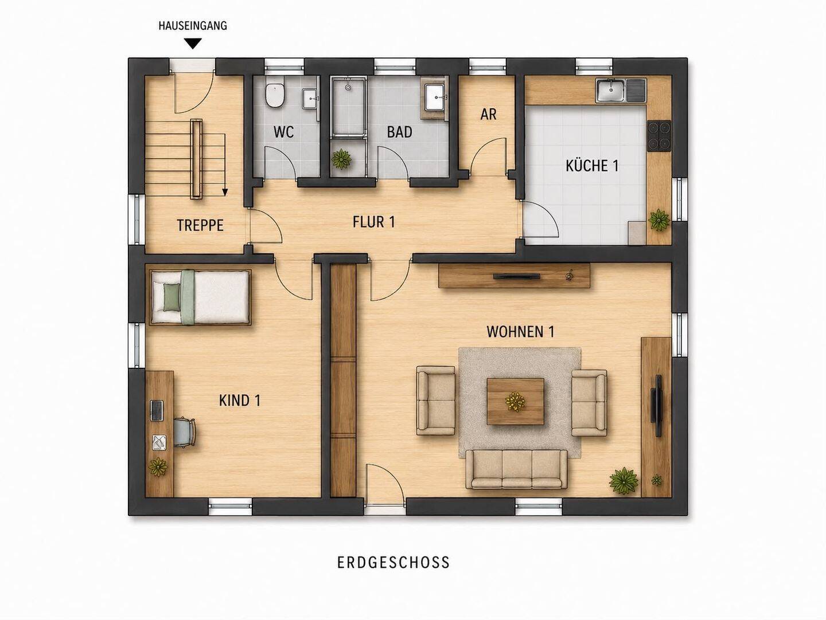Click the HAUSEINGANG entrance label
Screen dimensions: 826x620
(x=193, y=26)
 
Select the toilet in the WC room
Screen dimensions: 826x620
(x=274, y=95)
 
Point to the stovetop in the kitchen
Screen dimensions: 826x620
(x=659, y=135)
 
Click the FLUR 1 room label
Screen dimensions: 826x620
(x=373, y=222)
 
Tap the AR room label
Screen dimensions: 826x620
(x=489, y=115)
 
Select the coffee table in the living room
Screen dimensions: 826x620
(x=516, y=401)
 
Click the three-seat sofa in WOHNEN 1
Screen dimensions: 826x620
(x=516, y=469)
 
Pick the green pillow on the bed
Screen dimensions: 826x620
(x=172, y=297)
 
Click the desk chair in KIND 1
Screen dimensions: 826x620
(x=185, y=431)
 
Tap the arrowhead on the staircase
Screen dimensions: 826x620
(x=225, y=192)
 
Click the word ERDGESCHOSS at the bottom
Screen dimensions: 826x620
(x=393, y=563)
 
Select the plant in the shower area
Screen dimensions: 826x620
(x=342, y=159)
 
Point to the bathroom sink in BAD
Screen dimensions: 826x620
(x=435, y=97)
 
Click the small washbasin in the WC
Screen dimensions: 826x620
(x=310, y=99)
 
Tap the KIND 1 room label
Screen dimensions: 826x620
(x=240, y=401)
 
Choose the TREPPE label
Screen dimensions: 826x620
(x=200, y=225)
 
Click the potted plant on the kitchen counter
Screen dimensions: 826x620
(x=659, y=220)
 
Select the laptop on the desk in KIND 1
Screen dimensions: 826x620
(x=157, y=410)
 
